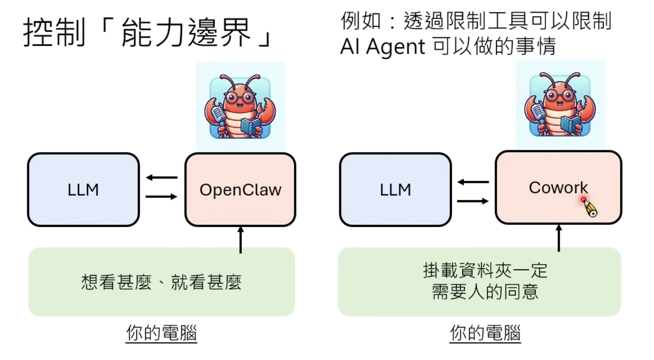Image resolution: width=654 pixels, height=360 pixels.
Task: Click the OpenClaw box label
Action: click(240, 190)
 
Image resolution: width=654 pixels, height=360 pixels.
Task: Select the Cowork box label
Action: click(558, 187)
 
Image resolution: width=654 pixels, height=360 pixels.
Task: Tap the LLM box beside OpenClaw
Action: click(83, 190)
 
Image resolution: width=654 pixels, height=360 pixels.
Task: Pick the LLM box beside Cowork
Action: click(395, 190)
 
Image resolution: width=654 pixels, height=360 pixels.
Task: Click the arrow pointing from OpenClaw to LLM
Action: click(162, 178)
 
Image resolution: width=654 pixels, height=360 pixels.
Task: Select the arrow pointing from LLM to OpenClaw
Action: click(162, 197)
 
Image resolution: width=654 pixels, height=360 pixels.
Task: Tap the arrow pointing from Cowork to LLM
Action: click(473, 182)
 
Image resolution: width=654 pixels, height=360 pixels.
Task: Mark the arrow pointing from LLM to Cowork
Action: click(473, 201)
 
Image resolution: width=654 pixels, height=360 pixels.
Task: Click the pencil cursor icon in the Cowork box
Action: click(590, 208)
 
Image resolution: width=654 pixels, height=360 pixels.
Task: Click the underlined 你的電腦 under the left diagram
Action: click(161, 333)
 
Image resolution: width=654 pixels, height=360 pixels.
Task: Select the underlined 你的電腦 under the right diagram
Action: click(485, 333)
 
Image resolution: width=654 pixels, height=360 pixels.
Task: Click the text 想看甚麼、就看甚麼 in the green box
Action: click(161, 282)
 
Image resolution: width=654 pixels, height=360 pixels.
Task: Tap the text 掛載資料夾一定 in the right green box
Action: click(485, 270)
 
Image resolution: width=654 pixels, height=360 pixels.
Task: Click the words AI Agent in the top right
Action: click(382, 47)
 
